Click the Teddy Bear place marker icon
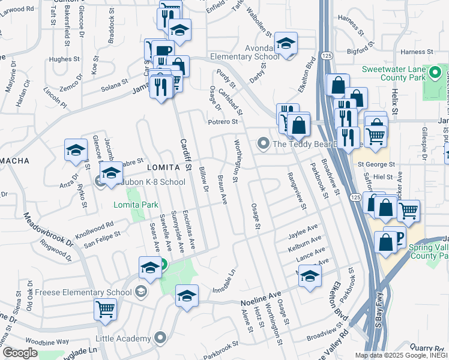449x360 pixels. pos(262,144)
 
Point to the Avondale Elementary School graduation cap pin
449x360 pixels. pos(286,44)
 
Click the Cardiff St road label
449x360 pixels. pos(185,154)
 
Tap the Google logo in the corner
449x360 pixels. pos(19,353)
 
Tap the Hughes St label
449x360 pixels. pos(64,59)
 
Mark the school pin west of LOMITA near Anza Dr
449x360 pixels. pos(76,151)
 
